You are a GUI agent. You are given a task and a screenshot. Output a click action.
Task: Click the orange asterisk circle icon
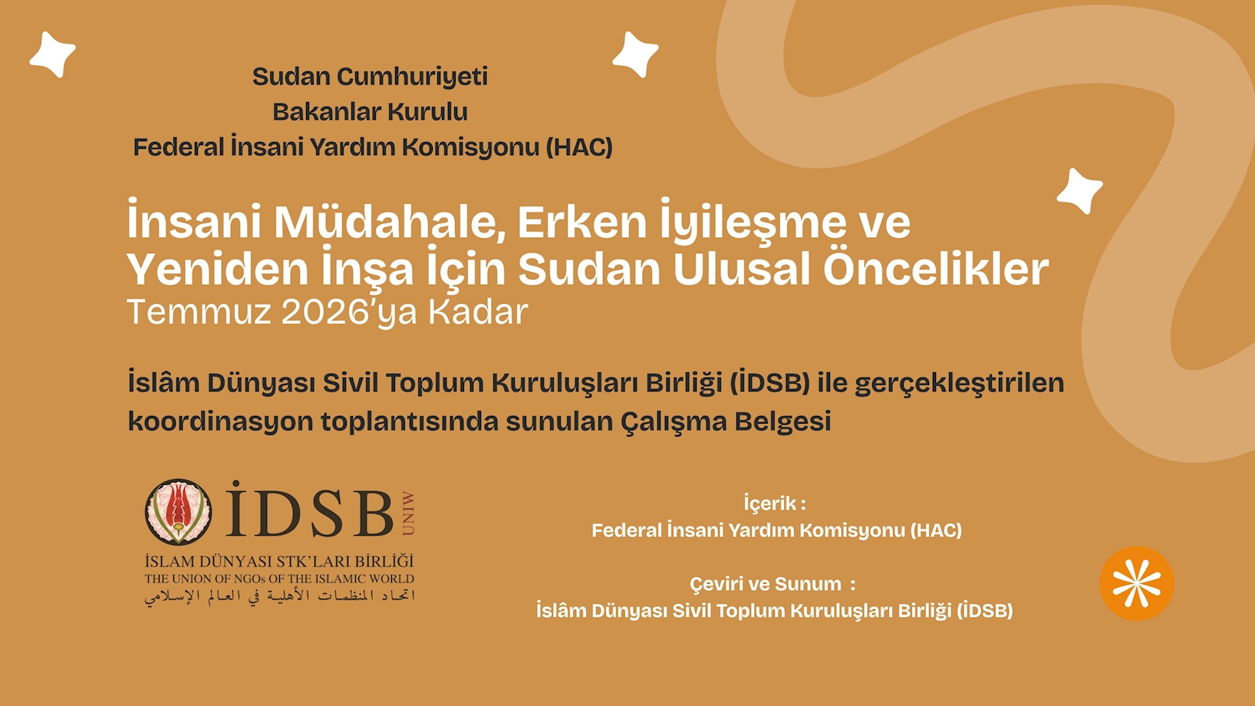1137,583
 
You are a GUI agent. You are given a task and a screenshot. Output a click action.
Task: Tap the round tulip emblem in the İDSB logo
178,512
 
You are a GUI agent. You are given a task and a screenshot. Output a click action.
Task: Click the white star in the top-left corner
53,54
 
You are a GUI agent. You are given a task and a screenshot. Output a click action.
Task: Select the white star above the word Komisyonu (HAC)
635,54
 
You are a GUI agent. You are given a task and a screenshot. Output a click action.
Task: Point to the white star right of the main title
1079,191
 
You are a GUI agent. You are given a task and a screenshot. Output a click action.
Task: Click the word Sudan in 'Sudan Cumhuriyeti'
292,77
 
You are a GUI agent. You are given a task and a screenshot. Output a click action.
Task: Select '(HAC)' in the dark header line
579,147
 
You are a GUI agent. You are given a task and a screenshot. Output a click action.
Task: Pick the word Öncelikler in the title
936,269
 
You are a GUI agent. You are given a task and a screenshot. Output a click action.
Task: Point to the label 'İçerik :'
775,503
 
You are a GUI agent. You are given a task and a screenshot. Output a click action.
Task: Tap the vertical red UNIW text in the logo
408,513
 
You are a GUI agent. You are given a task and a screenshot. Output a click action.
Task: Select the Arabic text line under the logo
279,596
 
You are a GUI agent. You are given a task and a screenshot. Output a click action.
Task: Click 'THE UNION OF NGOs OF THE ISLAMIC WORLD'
279,579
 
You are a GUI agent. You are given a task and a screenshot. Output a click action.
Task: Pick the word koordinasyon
220,421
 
